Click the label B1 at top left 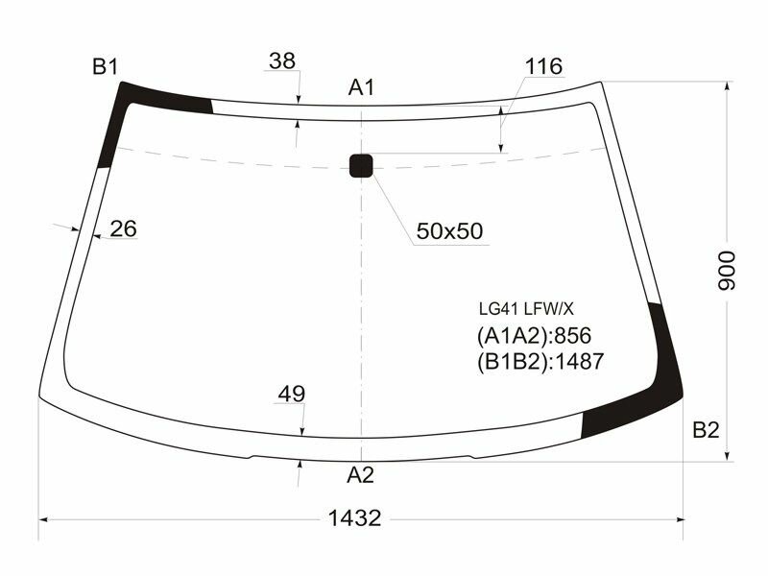[x=105, y=66]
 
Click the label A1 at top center [x=360, y=88]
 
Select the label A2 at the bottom [x=360, y=474]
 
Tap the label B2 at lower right [x=706, y=430]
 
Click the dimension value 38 [x=281, y=60]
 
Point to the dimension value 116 [x=543, y=66]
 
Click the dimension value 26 [x=123, y=228]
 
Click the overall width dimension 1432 [x=355, y=518]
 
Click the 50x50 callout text [x=449, y=231]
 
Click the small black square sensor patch [x=361, y=165]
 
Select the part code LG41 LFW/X [x=526, y=309]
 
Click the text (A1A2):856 [x=533, y=336]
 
